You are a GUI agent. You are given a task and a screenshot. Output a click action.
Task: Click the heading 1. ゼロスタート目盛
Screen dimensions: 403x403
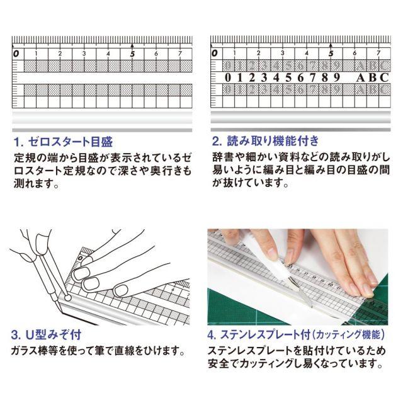pos(63,142)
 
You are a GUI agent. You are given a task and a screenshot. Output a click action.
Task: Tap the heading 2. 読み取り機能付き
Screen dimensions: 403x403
pos(266,141)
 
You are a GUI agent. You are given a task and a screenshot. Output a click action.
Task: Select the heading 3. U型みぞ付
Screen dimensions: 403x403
pos(46,334)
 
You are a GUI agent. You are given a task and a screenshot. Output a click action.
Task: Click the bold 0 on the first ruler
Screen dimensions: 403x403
pos(16,54)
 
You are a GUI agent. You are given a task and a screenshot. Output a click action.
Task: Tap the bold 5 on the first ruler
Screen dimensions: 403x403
pos(132,54)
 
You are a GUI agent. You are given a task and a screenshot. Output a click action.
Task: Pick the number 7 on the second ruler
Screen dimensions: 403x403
pos(378,53)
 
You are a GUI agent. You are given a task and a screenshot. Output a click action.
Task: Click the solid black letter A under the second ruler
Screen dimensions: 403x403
pos(361,77)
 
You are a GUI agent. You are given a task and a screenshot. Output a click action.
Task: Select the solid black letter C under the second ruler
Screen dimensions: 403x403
pos(384,77)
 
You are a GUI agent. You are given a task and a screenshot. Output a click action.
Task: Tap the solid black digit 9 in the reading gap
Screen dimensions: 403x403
pos(337,77)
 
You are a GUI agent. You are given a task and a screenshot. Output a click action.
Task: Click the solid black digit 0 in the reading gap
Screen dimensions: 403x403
pos(228,77)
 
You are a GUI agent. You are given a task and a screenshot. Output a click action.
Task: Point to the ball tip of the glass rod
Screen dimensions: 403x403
pos(68,298)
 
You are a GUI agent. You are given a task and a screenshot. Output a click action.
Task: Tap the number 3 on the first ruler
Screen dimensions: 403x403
pos(84,54)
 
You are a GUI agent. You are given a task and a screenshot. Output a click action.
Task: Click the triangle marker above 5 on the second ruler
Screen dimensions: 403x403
pos(331,46)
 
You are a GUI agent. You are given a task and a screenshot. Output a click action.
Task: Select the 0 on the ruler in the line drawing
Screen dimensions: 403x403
pos(81,258)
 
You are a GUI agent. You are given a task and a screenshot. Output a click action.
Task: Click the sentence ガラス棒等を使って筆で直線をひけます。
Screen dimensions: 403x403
pos(98,350)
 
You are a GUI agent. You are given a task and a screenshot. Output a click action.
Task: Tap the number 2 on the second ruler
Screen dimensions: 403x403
pos(258,53)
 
